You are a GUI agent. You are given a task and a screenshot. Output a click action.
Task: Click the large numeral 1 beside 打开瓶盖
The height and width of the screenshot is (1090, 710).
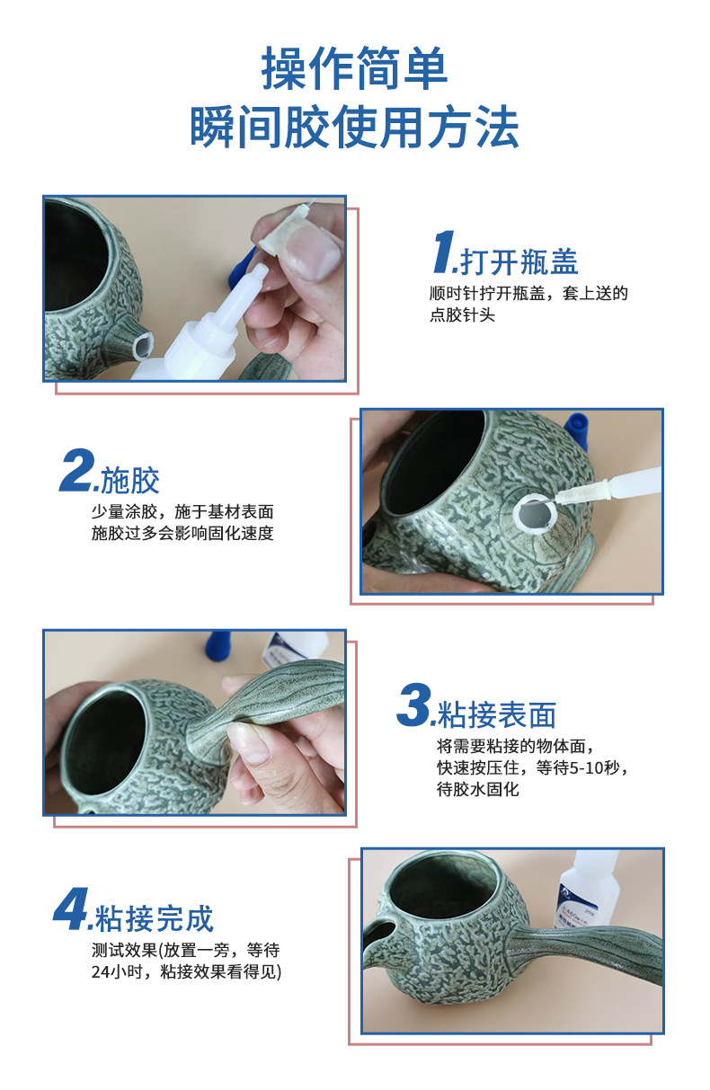[444, 252]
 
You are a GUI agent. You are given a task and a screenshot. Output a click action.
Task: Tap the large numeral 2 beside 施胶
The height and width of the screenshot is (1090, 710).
[77, 470]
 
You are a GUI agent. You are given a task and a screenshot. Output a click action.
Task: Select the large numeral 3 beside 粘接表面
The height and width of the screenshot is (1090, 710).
[414, 705]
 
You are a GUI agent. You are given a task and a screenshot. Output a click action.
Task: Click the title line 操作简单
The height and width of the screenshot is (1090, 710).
[354, 68]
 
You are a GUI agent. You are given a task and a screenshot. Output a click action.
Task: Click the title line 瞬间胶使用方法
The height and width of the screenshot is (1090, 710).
[354, 127]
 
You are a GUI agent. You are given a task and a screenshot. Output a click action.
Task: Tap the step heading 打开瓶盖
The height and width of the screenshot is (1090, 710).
[519, 261]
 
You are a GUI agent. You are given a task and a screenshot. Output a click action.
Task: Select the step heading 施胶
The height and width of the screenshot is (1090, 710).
[130, 480]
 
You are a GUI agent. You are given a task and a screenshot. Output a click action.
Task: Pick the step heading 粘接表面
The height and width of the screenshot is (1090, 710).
[496, 713]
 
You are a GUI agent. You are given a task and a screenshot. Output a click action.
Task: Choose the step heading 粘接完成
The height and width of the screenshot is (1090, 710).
[154, 918]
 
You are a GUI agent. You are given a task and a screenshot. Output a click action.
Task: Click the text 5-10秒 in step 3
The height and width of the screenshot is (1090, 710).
[594, 768]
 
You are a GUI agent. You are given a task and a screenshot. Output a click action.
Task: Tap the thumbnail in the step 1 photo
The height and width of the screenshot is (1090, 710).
[313, 253]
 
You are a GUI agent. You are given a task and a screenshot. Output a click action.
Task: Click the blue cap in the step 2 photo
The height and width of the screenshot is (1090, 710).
[576, 430]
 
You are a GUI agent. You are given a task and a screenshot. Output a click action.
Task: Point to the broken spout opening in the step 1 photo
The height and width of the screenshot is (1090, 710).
[142, 344]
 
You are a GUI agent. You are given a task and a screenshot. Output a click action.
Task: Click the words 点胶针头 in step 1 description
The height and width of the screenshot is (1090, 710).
[462, 315]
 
